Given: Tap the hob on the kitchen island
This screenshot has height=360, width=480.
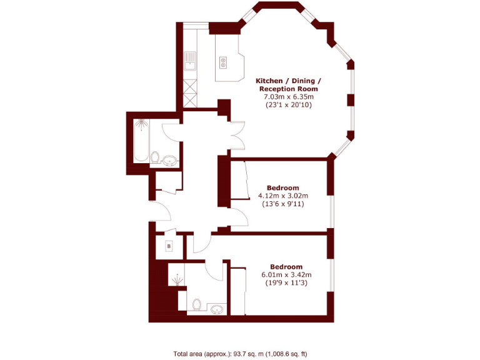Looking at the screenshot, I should (x=223, y=61).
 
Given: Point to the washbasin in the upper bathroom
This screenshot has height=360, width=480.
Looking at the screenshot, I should (x=171, y=161).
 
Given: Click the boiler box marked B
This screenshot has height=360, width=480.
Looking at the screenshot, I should (x=169, y=247).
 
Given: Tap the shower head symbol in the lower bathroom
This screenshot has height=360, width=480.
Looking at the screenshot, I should (x=178, y=278).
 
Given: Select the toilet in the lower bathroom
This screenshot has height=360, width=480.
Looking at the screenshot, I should (x=197, y=305).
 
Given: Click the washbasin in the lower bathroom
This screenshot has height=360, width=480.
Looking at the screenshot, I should (x=217, y=309).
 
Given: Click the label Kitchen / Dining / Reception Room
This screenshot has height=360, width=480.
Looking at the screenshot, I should (x=289, y=85).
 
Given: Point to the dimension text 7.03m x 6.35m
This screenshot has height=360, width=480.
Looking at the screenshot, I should (x=289, y=97).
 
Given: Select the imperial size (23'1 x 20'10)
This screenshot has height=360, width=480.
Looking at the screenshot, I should (x=289, y=105).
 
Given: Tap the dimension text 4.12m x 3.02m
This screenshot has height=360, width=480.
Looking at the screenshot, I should (x=283, y=196).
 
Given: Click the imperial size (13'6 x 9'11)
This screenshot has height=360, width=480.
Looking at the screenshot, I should (x=283, y=204).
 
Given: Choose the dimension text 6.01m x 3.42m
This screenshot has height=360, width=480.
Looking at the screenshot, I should (x=287, y=275).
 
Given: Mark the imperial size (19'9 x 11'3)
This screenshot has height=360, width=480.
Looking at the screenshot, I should (x=287, y=283).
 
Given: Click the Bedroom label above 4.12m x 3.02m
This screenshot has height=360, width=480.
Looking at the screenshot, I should (x=283, y=187).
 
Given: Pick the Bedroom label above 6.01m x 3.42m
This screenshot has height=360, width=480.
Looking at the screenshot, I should (x=287, y=267).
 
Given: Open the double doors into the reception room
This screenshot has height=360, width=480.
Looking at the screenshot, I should (x=236, y=134).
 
